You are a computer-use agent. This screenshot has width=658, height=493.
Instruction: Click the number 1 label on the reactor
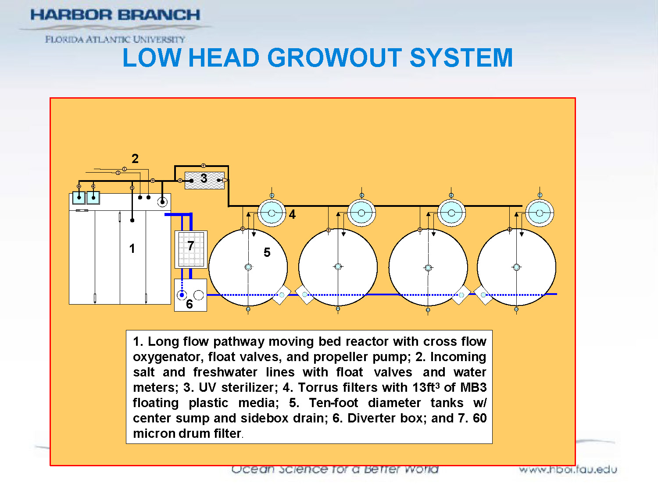click(x=132, y=249)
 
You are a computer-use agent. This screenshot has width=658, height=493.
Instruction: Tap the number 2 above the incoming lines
click(x=135, y=159)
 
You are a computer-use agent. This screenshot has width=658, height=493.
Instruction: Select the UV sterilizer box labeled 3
click(x=204, y=180)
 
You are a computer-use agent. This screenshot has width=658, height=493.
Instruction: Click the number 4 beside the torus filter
click(x=292, y=214)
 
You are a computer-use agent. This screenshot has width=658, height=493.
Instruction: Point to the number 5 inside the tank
click(x=267, y=252)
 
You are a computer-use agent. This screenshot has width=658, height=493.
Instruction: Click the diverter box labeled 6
click(x=190, y=295)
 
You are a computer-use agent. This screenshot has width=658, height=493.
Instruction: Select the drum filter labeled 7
click(x=191, y=249)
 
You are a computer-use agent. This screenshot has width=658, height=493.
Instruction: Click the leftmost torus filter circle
click(x=272, y=213)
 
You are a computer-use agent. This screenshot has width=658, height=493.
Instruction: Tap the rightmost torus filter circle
click(x=540, y=213)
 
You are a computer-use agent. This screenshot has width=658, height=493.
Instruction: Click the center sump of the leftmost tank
click(x=248, y=267)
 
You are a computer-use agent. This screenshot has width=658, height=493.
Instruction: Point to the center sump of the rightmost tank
click(x=516, y=267)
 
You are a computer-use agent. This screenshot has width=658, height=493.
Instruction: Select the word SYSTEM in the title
click(x=461, y=58)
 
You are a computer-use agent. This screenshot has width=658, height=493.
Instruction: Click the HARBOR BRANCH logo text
click(x=115, y=15)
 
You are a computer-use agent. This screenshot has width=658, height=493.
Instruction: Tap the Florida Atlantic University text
click(x=115, y=39)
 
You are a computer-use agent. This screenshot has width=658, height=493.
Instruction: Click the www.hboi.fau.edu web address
click(x=568, y=470)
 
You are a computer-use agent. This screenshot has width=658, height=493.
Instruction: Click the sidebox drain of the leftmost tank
click(x=282, y=295)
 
